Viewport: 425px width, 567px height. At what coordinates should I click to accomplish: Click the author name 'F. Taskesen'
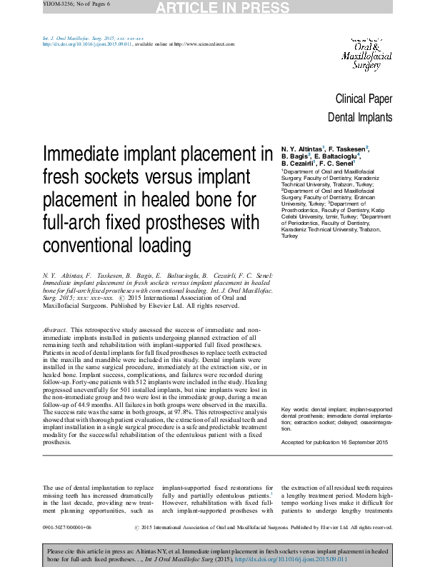[346, 147]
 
